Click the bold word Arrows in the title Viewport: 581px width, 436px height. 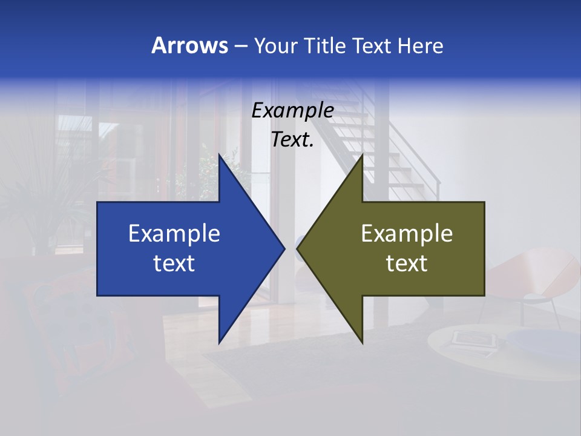(189, 45)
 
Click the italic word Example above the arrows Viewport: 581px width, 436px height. (292, 110)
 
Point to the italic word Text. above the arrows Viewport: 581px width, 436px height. (292, 140)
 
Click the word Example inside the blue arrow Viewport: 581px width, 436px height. (174, 234)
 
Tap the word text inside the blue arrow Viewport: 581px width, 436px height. (174, 263)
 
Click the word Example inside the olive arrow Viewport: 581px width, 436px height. (407, 234)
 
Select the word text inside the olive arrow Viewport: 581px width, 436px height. (407, 263)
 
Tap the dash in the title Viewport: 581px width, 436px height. (240, 46)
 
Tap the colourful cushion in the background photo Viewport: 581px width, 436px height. (67, 327)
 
